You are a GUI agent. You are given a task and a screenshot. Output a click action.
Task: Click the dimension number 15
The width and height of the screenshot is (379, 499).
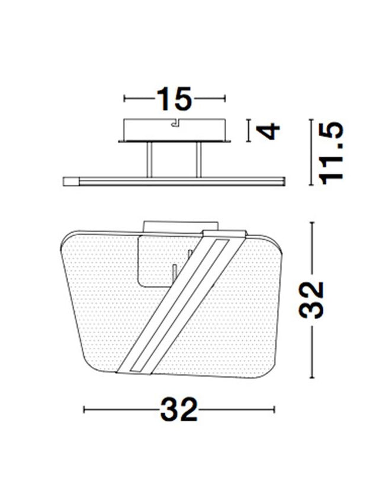[175, 99]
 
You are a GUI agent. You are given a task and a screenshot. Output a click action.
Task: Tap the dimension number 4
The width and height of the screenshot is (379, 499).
[268, 131]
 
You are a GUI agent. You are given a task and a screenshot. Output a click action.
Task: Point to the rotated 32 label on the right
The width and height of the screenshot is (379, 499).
[311, 300]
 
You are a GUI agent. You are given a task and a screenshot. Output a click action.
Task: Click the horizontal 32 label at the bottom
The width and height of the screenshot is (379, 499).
[179, 410]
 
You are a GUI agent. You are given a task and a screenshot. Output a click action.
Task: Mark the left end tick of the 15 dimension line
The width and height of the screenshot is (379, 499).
[124, 99]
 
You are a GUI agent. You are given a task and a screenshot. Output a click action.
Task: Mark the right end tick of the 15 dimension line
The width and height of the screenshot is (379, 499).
[225, 99]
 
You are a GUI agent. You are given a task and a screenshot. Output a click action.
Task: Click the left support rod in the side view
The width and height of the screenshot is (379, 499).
[149, 160]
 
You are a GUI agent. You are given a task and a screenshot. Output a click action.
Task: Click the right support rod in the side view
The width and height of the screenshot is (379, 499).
[199, 160]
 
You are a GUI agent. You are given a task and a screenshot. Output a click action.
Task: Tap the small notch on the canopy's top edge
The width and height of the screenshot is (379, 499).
[175, 123]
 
